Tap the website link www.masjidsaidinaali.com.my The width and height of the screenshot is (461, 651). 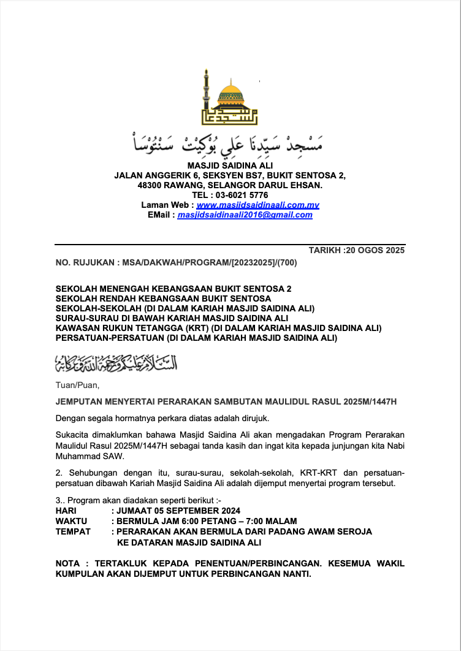click(x=257, y=205)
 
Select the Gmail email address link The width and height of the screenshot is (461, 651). click(x=245, y=215)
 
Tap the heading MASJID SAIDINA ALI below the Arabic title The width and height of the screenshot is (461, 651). click(x=230, y=165)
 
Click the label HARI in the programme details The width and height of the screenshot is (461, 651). click(x=66, y=511)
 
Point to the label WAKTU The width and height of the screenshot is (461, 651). click(x=71, y=521)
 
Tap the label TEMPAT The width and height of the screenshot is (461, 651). click(x=73, y=531)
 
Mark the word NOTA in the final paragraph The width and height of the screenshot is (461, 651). click(x=67, y=563)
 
